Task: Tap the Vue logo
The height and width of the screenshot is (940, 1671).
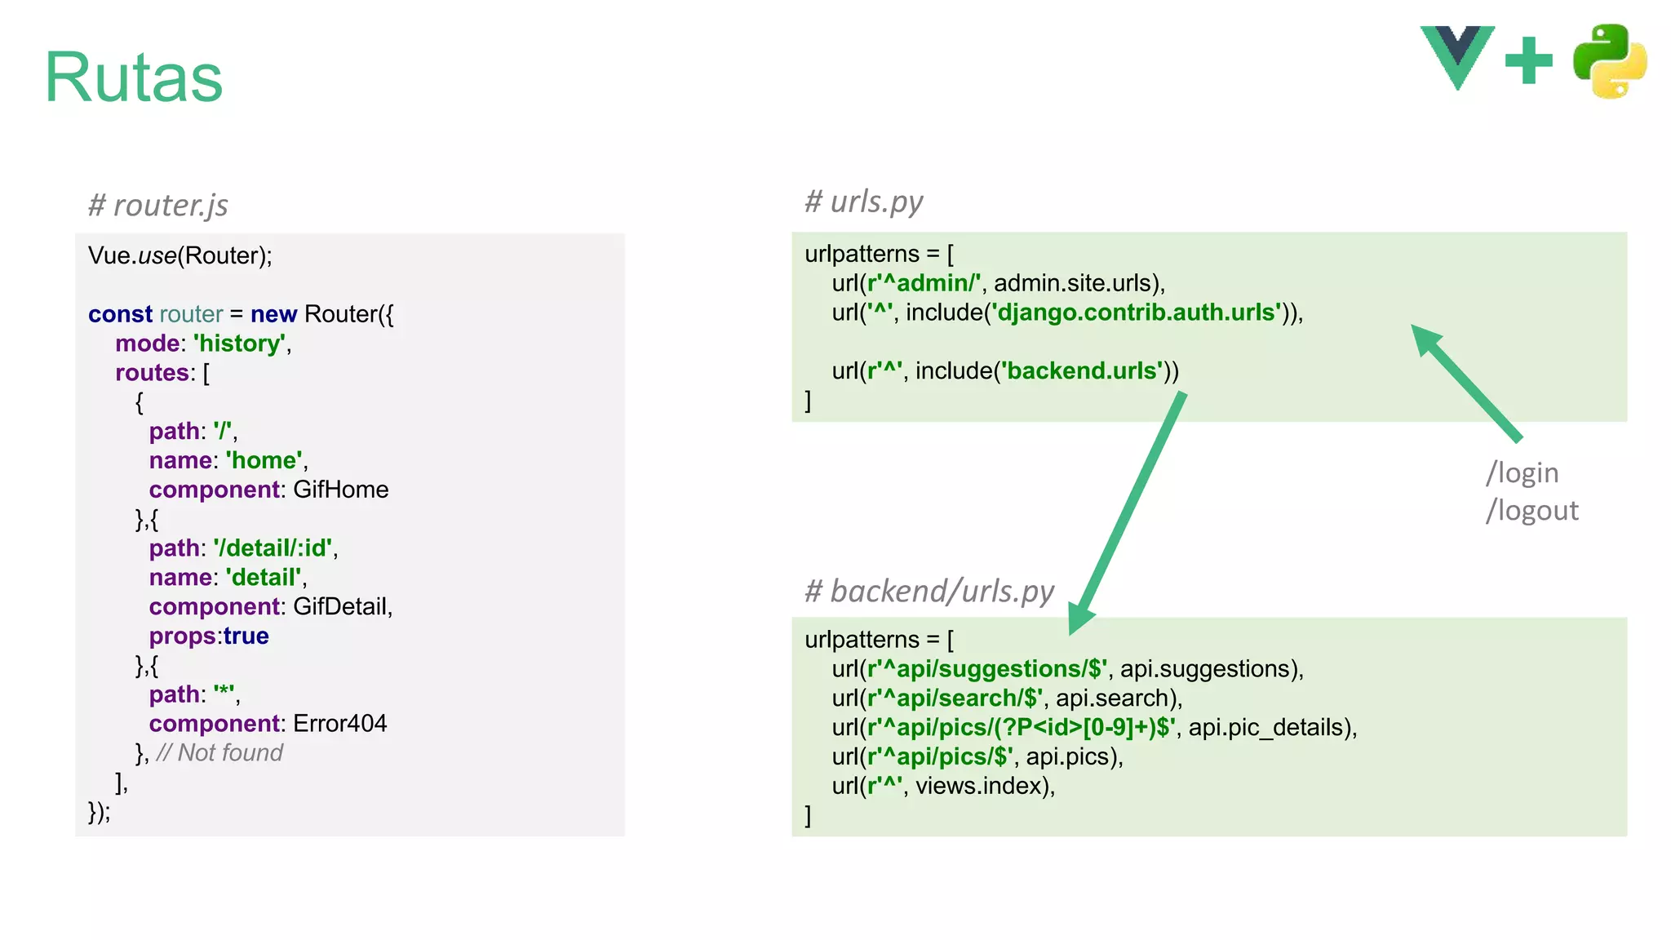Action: point(1457,55)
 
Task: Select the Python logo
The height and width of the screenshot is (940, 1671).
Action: point(1609,61)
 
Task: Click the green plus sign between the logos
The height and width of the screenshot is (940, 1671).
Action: point(1528,60)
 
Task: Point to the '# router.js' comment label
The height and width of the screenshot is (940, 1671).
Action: point(158,205)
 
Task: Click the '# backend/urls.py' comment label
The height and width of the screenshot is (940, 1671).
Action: point(929,591)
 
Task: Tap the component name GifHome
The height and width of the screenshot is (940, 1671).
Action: point(340,490)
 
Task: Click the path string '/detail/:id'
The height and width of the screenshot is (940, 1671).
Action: point(274,548)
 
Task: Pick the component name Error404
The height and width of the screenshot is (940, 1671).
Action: point(339,724)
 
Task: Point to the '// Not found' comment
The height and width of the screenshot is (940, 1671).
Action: point(219,753)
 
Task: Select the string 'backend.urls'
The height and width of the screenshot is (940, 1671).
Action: point(1083,371)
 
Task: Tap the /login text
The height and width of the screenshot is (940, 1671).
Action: point(1522,473)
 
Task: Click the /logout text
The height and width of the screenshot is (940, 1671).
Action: point(1531,511)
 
